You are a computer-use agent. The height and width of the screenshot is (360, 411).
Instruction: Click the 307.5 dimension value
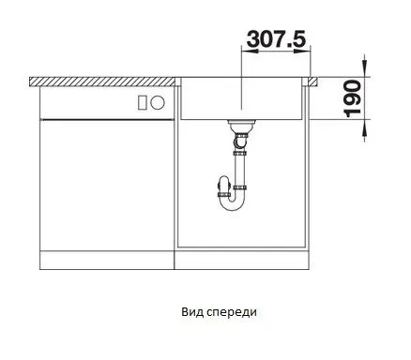click(276, 39)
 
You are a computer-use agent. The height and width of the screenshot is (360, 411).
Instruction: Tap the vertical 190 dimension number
click(353, 98)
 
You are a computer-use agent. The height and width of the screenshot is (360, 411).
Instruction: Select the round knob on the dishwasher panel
click(158, 102)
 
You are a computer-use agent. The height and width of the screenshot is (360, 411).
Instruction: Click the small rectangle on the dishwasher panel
click(143, 102)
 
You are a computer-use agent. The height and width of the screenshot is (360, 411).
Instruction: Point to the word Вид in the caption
click(192, 312)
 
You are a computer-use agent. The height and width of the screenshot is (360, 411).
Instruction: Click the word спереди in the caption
click(232, 312)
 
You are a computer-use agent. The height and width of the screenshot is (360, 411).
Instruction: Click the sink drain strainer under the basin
click(241, 126)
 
